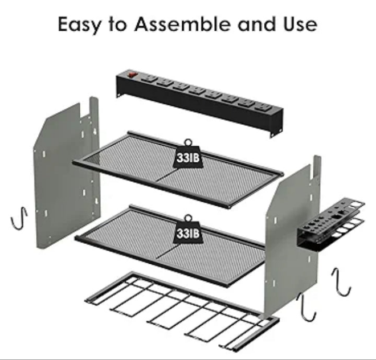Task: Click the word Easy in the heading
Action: [79, 24]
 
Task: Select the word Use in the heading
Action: [300, 24]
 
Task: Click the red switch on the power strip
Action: [132, 75]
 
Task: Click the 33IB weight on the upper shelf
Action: [188, 157]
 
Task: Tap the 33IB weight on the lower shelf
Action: [188, 232]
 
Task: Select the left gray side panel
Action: [67, 173]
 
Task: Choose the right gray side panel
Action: [293, 238]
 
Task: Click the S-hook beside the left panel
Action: [19, 218]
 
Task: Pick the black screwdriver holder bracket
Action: [331, 224]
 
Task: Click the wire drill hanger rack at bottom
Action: [182, 312]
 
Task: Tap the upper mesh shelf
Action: [178, 170]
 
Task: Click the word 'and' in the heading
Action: [256, 24]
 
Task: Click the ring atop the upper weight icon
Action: [188, 142]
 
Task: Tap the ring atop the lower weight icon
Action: [188, 218]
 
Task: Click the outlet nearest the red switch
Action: [149, 79]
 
